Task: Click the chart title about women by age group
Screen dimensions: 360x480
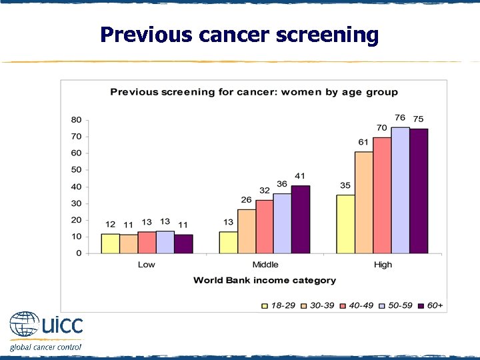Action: tap(254, 92)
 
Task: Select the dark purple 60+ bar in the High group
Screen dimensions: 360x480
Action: tap(418, 191)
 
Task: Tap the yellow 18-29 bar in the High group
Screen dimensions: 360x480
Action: tap(345, 224)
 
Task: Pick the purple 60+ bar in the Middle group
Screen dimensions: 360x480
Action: tap(301, 219)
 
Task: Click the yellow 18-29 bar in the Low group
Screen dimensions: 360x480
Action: tap(110, 243)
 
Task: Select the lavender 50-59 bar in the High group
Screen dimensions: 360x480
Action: tap(400, 190)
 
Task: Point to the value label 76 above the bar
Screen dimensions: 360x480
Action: tap(400, 119)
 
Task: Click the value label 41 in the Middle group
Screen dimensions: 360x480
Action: tap(301, 176)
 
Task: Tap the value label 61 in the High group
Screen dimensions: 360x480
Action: tap(363, 143)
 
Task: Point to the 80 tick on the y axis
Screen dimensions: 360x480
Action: tap(76, 120)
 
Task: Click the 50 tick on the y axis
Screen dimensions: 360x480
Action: tap(76, 170)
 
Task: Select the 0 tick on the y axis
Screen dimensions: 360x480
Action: tap(79, 253)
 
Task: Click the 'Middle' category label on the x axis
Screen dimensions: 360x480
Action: tap(265, 265)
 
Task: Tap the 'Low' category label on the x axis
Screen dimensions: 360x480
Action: tap(146, 265)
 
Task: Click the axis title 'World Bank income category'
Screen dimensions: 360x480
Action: tap(265, 281)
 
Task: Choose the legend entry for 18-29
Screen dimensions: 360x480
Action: tap(279, 305)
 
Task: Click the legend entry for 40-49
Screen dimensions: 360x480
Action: tap(356, 305)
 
